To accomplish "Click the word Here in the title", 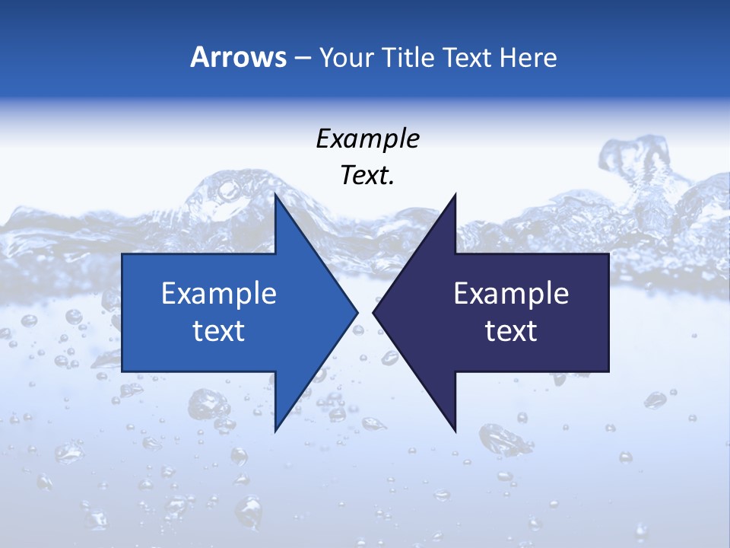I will tap(528, 58).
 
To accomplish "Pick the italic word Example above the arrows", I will tap(367, 139).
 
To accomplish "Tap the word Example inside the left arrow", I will tap(219, 294).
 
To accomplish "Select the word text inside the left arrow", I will tap(219, 331).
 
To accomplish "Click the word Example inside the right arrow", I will tap(511, 294).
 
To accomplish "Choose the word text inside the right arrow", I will tap(511, 331).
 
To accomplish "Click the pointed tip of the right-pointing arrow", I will tap(357, 312).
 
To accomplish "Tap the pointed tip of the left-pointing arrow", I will tap(373, 312).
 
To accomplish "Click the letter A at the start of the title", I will tap(199, 58).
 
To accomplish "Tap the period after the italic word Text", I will tap(392, 183).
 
